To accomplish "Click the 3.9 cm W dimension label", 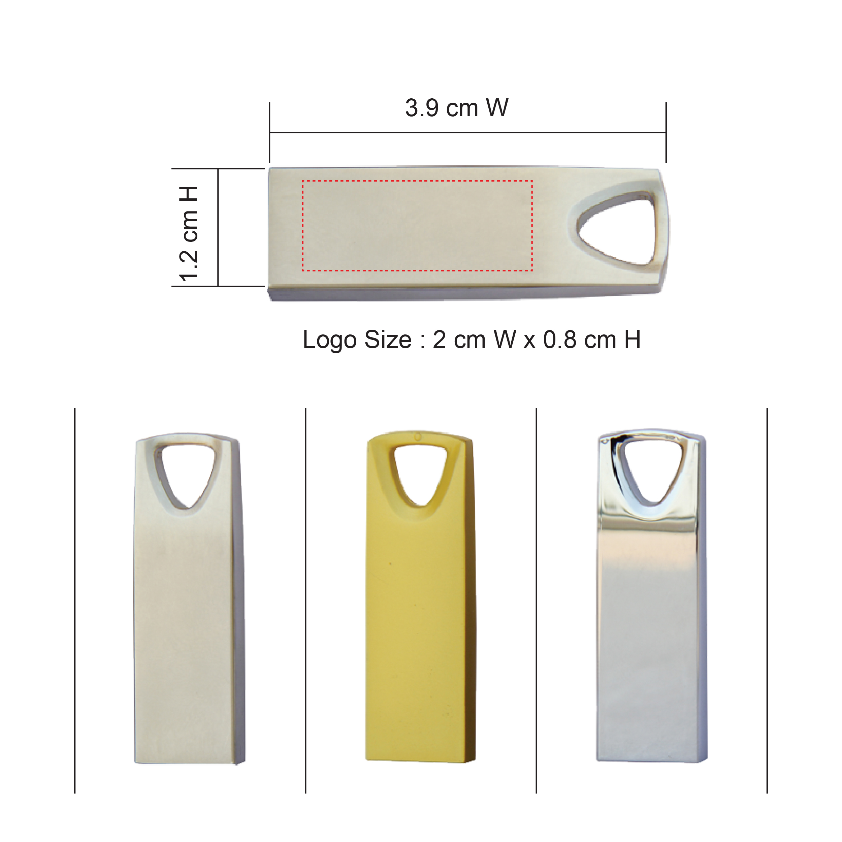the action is [456, 108].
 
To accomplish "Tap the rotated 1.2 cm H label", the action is [190, 234].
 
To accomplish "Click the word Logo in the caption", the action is [329, 341].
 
